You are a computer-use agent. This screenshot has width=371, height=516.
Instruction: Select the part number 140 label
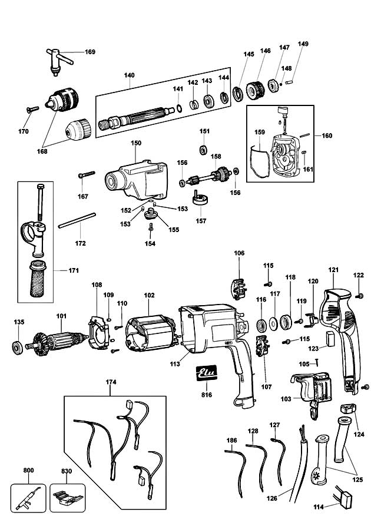click(129, 75)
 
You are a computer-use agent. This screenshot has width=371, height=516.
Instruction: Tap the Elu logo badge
click(207, 373)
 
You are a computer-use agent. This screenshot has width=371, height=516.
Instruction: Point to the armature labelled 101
click(58, 341)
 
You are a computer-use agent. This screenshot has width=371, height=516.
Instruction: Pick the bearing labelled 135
click(17, 348)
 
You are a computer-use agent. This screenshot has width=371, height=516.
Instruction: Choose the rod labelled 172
click(77, 220)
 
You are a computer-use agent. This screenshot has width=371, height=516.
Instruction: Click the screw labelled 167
click(87, 174)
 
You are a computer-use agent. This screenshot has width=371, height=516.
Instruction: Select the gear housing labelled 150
click(137, 180)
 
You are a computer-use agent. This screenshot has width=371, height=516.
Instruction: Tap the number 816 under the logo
click(207, 395)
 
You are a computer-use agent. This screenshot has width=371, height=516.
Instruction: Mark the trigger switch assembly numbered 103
click(312, 393)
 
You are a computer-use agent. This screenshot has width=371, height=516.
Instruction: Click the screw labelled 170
click(32, 110)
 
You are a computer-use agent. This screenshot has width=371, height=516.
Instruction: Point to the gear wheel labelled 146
click(255, 90)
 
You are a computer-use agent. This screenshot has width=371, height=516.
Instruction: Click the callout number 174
click(111, 382)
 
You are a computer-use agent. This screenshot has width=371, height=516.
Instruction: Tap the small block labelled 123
click(330, 339)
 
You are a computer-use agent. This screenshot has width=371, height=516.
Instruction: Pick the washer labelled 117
click(273, 324)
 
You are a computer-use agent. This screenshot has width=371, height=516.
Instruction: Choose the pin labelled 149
click(289, 82)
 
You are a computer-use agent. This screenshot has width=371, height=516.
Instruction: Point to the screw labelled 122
click(360, 296)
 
